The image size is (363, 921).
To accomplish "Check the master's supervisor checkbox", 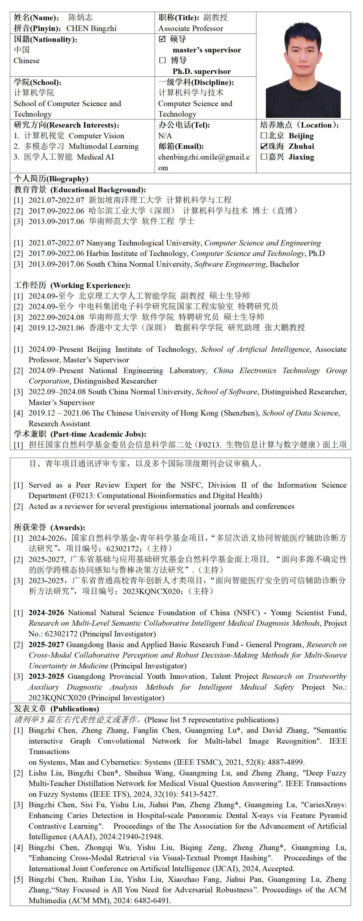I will point(162,39).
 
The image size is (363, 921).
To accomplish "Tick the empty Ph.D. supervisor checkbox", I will point(162,60).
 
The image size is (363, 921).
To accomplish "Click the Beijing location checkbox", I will point(264,136).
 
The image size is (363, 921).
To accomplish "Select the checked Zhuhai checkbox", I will point(264,146).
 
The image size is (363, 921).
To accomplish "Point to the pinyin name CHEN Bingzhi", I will point(92,28).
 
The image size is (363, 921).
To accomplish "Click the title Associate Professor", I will point(190,28).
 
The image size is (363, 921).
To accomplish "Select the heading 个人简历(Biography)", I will point(51,178).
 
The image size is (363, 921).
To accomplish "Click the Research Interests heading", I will point(66,125).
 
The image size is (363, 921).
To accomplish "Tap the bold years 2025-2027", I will point(47,644).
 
